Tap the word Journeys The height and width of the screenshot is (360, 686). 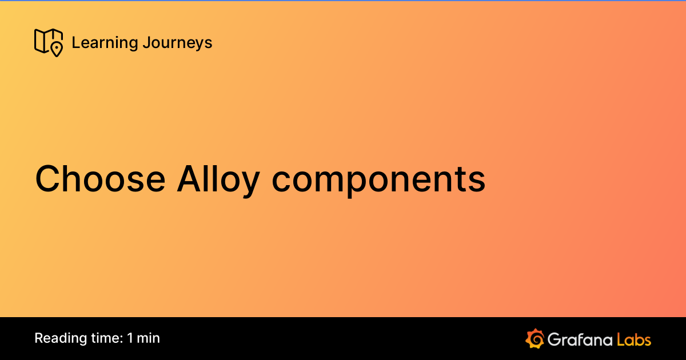click(x=177, y=43)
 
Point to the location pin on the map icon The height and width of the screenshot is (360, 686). click(x=56, y=49)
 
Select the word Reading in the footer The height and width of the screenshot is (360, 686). click(x=56, y=338)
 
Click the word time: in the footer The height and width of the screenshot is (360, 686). click(x=102, y=338)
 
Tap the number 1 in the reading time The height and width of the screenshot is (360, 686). click(x=130, y=338)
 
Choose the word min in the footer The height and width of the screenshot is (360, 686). click(x=149, y=338)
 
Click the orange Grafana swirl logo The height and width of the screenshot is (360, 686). click(x=535, y=338)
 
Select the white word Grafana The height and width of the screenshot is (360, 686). click(x=579, y=339)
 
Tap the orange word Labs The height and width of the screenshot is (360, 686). click(x=635, y=339)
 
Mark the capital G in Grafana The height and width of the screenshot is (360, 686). click(x=553, y=339)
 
